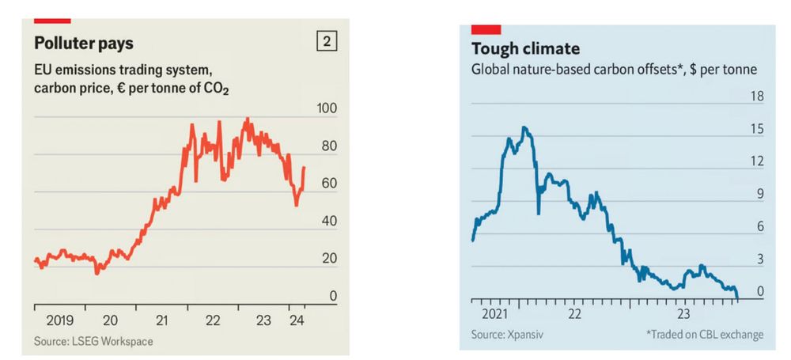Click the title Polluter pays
coord(83,43)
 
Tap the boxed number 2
coord(325,41)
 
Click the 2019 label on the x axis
coord(60,320)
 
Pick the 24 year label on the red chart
coord(297,320)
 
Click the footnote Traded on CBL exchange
coord(704,335)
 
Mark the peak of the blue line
coord(524,127)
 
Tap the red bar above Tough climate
coord(485,30)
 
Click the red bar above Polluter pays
coord(53,19)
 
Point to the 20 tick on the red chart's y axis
coord(328,259)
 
